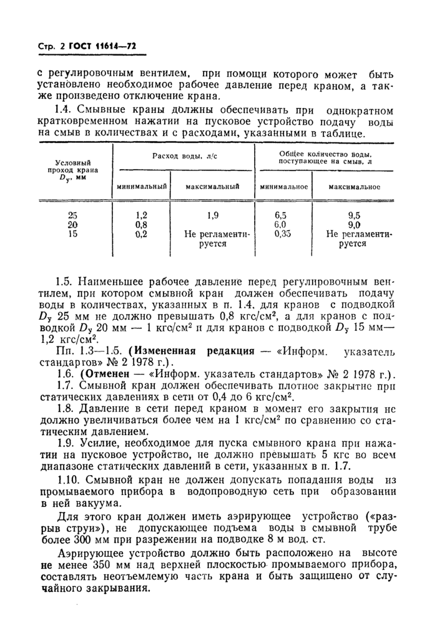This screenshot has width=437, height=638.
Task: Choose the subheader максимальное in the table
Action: pos(354,187)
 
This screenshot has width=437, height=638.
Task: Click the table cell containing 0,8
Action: pos(141,225)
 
